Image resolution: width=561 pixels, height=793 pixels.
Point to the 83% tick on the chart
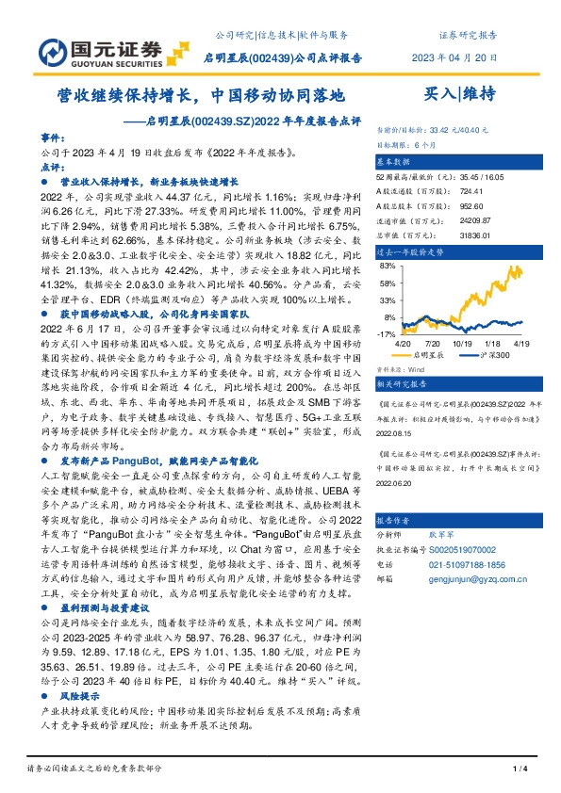386,267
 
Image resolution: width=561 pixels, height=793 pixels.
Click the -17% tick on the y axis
385,334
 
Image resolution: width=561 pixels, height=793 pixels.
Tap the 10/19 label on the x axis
463,345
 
